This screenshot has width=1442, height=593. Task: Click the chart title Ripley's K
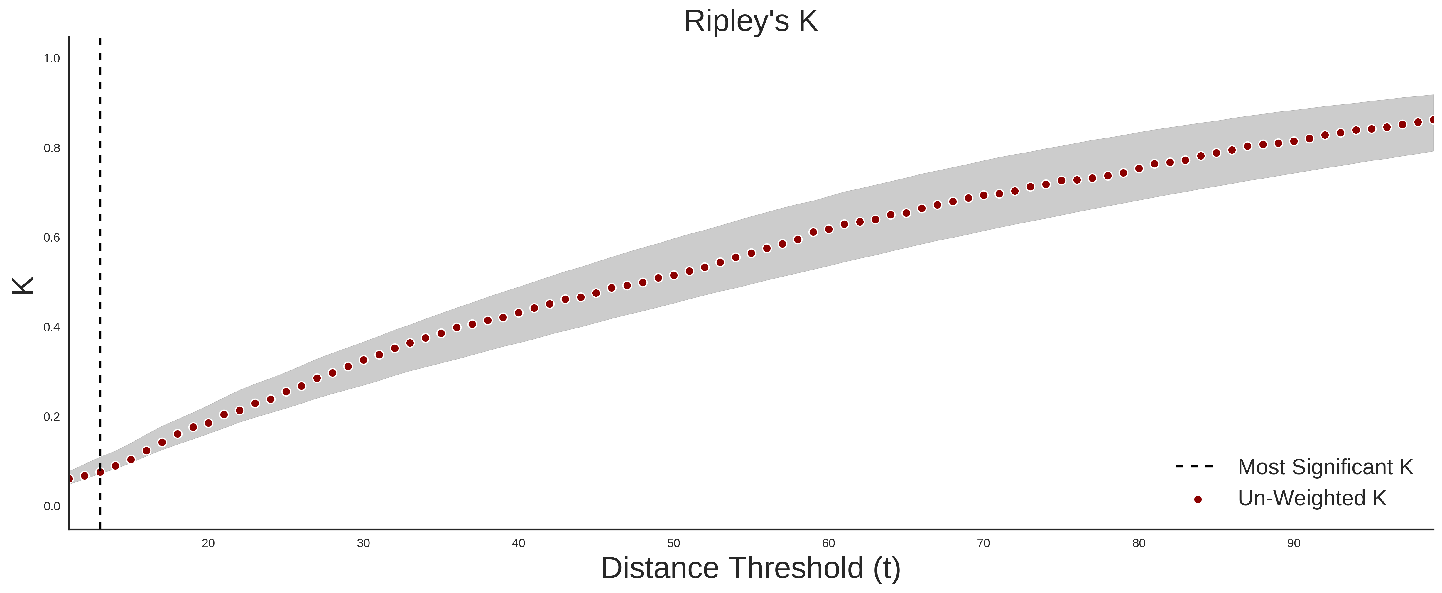point(751,21)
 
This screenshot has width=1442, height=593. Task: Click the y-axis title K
point(23,285)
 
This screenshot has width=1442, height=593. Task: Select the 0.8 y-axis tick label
point(52,148)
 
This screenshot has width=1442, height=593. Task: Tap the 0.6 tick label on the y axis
point(52,238)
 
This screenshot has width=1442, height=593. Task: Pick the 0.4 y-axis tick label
point(52,327)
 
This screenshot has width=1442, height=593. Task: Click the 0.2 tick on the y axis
point(52,417)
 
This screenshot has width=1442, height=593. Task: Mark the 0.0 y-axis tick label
point(52,506)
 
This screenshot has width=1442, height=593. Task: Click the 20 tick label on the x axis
point(208,543)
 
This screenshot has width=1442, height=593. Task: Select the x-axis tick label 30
point(363,543)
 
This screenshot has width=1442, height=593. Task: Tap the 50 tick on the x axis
point(673,543)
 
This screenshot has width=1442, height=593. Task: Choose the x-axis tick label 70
point(984,543)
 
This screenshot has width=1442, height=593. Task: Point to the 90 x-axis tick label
point(1294,543)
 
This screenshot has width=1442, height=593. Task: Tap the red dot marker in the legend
point(1197,499)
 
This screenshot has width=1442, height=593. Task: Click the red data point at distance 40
point(518,313)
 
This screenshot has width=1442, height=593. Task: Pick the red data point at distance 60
point(828,229)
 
